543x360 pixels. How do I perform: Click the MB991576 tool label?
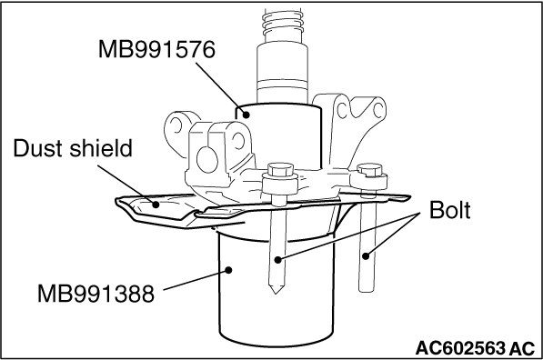pos(156,49)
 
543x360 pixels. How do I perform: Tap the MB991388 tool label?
pos(96,294)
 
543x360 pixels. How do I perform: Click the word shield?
pos(101,148)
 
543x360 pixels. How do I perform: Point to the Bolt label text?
pos(450,209)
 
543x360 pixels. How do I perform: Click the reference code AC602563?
pos(460,348)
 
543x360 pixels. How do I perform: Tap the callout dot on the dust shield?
pos(156,205)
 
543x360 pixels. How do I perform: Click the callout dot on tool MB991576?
pos(246,115)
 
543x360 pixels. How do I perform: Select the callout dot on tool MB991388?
pos(228,269)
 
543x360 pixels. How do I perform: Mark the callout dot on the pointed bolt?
pos(277,259)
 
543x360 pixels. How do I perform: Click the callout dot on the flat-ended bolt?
pos(366,256)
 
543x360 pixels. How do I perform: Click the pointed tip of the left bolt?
pos(276,294)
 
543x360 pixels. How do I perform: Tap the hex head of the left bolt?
pos(280,170)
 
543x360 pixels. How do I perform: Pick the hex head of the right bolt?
pos(369,169)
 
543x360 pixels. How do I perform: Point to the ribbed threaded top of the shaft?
pos(282,24)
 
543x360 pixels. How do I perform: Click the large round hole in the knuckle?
pos(207,160)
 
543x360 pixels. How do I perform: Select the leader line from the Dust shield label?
pos(126,185)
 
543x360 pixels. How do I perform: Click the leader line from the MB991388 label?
pos(196,279)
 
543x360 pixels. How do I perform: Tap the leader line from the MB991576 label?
pos(221,88)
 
